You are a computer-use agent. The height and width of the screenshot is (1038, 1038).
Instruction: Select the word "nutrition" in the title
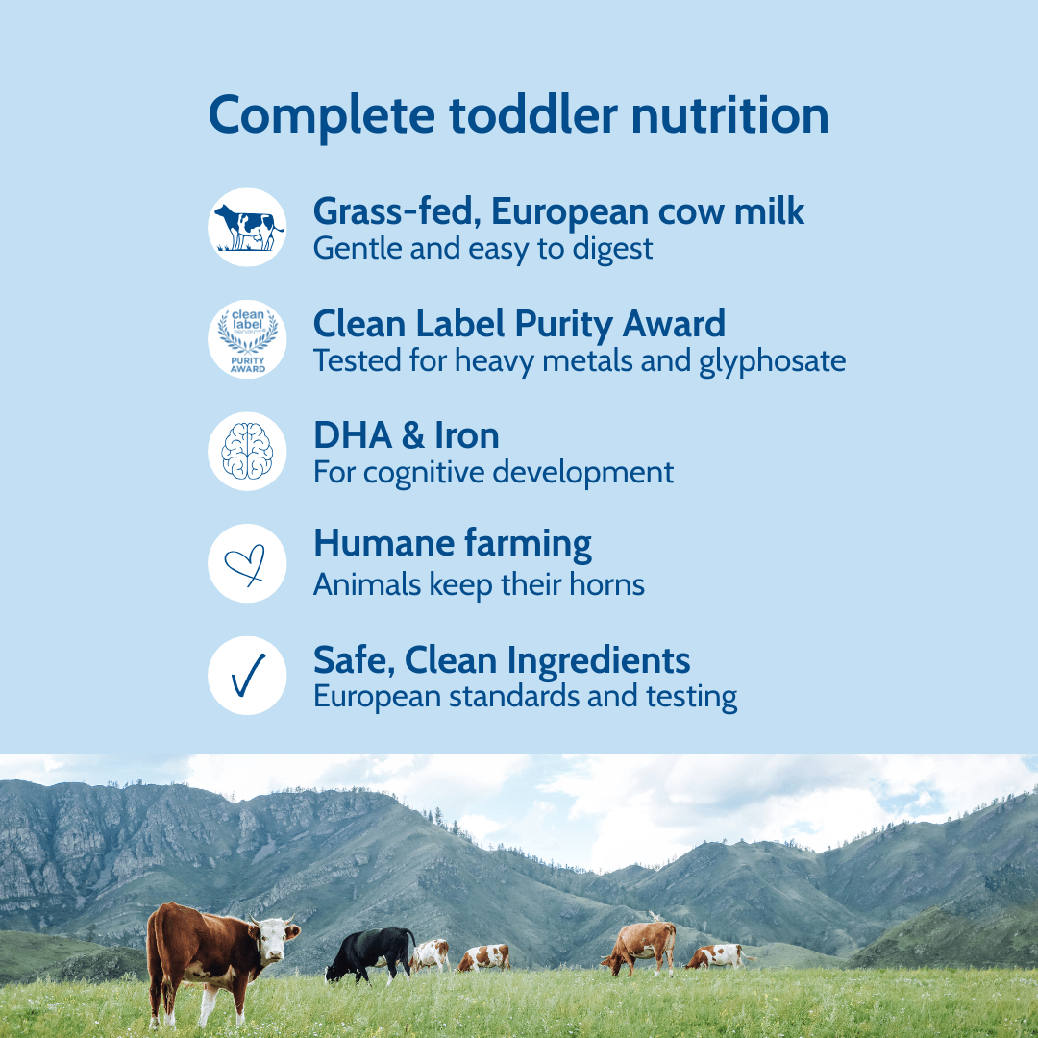(x=729, y=115)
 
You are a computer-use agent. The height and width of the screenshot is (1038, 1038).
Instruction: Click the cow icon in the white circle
(x=247, y=228)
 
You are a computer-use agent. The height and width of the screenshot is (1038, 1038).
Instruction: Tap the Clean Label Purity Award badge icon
(x=247, y=339)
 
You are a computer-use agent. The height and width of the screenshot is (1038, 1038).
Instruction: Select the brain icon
(x=247, y=452)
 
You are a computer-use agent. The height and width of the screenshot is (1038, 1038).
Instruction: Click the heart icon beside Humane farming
(x=246, y=564)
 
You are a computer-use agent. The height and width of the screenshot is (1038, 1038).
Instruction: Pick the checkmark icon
(x=247, y=676)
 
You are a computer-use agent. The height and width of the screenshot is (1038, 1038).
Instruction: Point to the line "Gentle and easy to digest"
(x=482, y=249)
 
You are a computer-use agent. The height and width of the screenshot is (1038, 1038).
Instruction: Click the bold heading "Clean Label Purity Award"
(x=519, y=324)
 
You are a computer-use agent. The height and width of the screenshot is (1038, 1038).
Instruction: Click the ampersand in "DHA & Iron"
(x=412, y=435)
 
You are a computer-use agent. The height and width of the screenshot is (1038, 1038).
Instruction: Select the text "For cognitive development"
(x=493, y=473)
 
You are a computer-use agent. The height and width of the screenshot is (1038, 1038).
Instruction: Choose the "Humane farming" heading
(x=452, y=544)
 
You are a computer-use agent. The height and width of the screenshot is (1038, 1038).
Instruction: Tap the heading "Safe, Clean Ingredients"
(x=501, y=660)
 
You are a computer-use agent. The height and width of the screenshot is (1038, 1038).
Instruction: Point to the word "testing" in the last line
(x=696, y=697)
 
